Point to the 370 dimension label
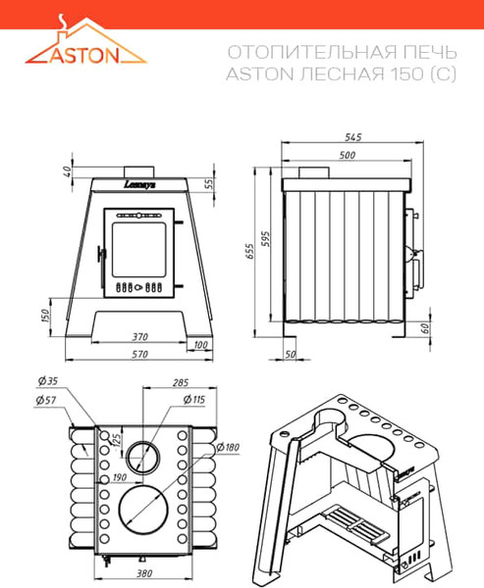point(140,336)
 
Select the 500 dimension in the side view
point(347,156)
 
